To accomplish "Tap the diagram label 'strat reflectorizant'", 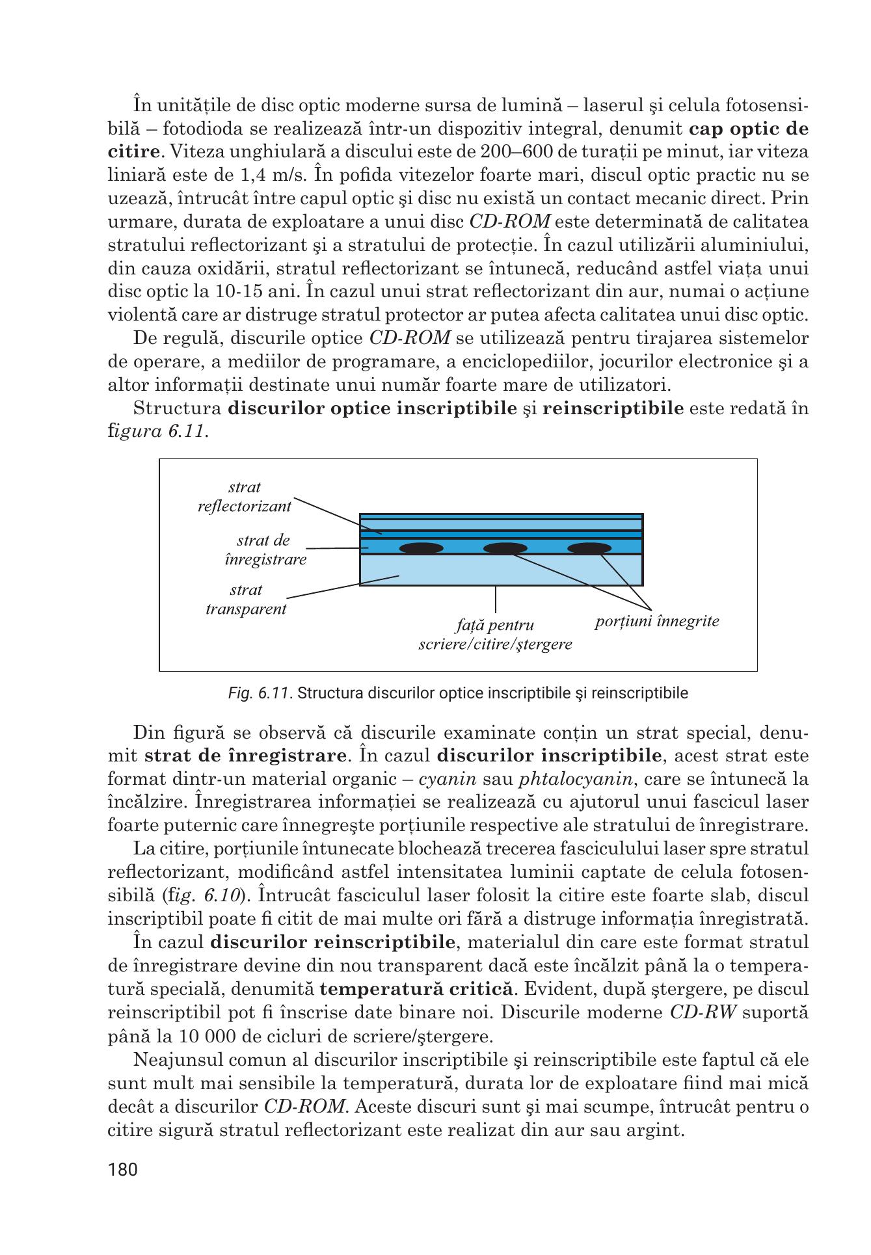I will click(x=245, y=497).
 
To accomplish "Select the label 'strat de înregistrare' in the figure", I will click(x=265, y=549).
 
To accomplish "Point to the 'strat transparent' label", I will click(x=246, y=600).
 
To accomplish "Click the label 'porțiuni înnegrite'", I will click(x=657, y=621).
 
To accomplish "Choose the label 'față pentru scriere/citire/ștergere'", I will click(x=495, y=635).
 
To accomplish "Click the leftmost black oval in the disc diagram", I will click(x=422, y=548).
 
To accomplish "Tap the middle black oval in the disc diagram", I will click(x=505, y=548).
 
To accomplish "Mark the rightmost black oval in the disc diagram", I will click(x=589, y=548).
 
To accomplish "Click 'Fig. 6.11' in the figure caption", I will click(x=258, y=693).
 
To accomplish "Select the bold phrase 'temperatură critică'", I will click(x=416, y=989).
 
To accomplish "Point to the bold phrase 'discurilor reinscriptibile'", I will click(x=332, y=942).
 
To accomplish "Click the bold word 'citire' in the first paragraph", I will click(x=133, y=152).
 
